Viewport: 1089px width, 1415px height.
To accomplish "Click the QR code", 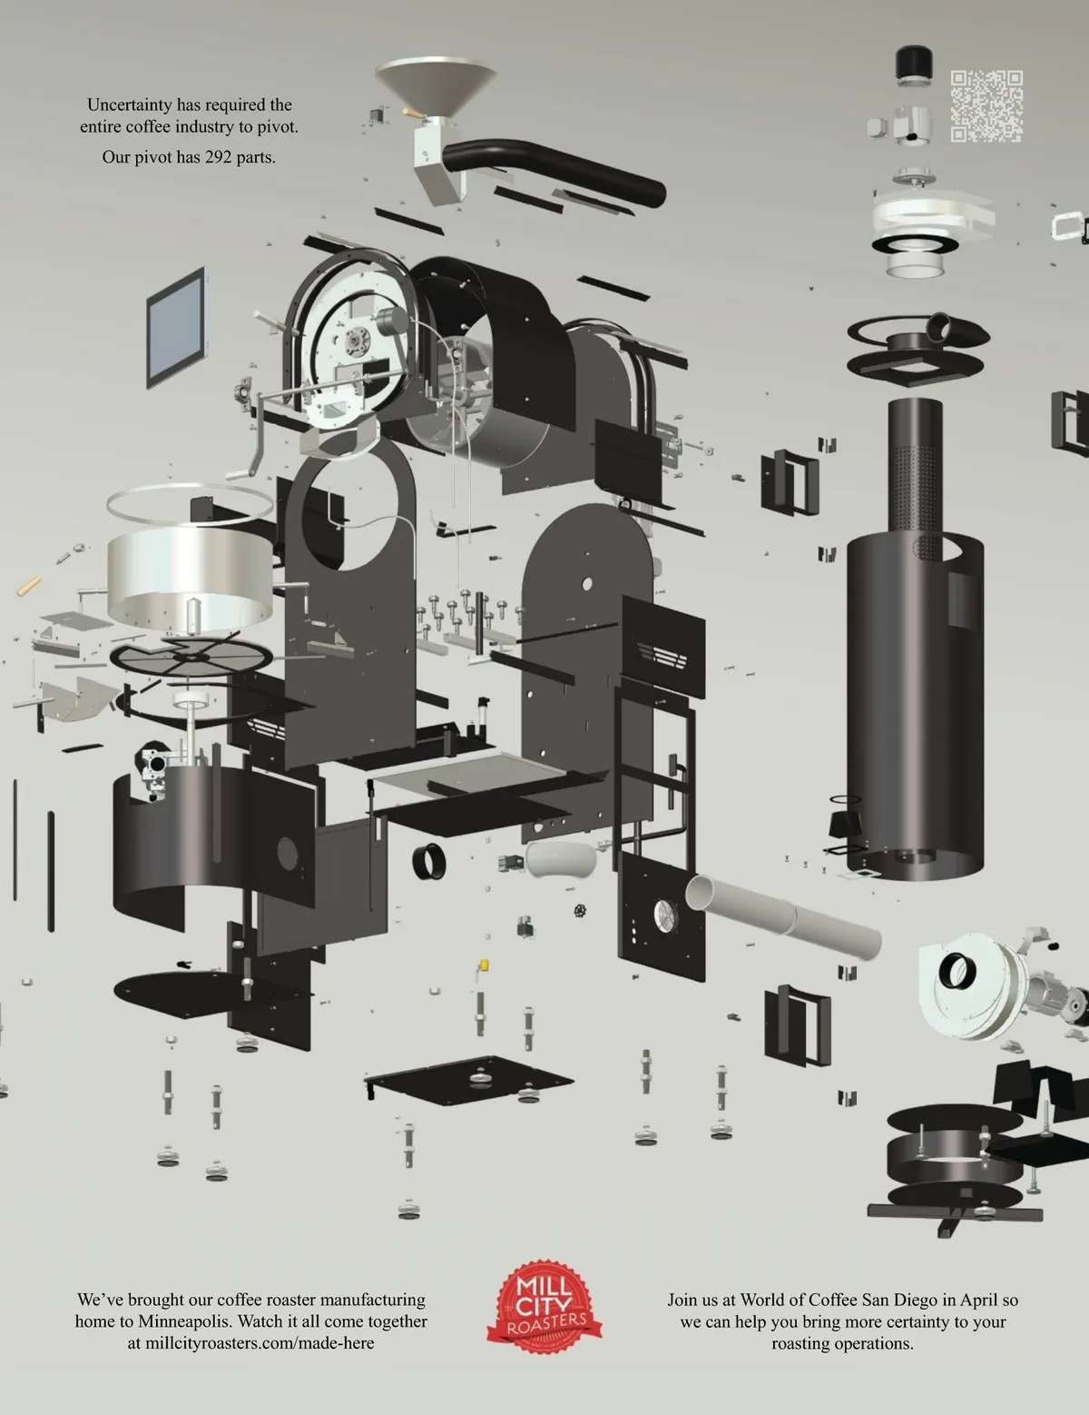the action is (986, 106).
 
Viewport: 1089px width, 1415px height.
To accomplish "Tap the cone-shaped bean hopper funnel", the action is (436, 88).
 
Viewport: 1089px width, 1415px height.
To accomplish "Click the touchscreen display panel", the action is (176, 328).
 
